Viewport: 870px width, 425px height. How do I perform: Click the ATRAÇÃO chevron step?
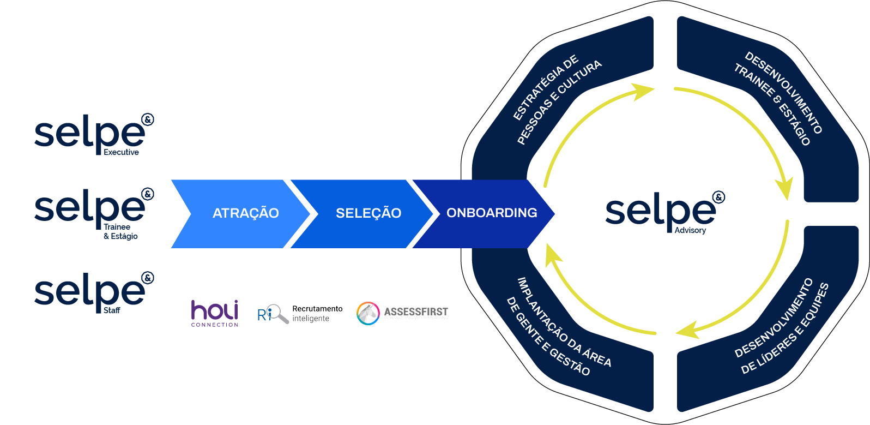tap(245, 213)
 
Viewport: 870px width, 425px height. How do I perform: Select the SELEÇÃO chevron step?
tap(368, 213)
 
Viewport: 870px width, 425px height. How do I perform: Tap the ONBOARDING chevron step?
tap(491, 213)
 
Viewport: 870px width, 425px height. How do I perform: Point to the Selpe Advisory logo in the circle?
tap(664, 212)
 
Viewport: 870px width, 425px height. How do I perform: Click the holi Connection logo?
tap(215, 313)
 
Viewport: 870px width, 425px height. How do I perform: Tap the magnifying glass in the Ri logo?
tap(279, 314)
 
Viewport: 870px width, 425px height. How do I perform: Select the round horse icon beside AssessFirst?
tap(368, 313)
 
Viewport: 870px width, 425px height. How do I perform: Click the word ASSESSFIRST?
tap(416, 312)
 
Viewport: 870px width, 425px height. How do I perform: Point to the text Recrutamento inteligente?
tap(317, 314)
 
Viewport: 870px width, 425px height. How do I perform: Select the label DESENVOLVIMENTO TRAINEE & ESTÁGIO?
tap(778, 99)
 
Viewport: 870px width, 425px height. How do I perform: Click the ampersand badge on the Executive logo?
tap(148, 119)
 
